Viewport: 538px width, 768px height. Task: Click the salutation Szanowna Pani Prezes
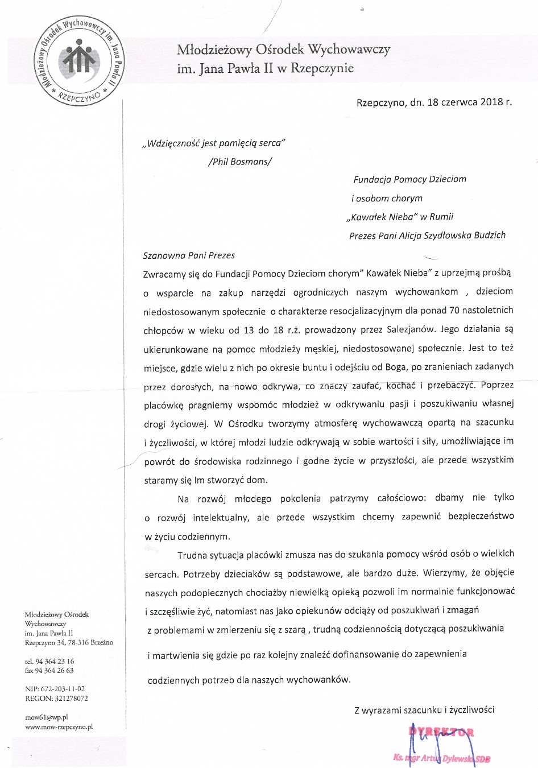pos(189,255)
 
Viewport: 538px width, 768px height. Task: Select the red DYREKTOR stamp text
pos(441,732)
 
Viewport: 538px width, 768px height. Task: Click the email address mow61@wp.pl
pos(47,717)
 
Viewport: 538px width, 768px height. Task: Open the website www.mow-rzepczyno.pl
pos(59,726)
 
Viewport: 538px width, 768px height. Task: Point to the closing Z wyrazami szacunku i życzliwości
pos(424,709)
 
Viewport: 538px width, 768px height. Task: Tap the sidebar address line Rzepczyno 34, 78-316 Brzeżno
pos(69,642)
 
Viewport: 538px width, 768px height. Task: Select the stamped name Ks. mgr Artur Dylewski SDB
pos(442,758)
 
